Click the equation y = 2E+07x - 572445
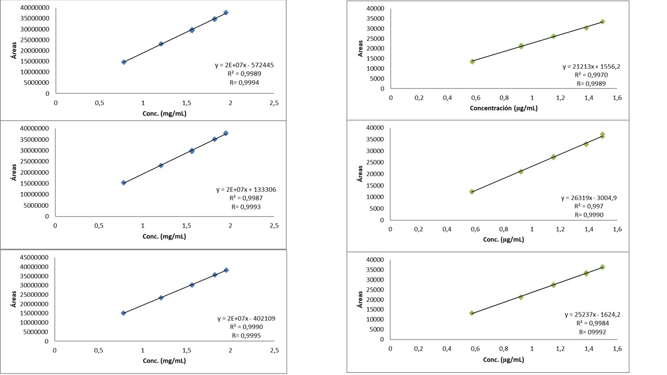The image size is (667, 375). tap(244, 65)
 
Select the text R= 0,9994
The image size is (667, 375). tap(244, 82)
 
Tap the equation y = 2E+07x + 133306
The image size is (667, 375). tap(246, 190)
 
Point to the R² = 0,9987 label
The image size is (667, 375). tap(246, 198)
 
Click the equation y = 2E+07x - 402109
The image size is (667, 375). tap(246, 318)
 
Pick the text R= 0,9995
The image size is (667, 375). tap(246, 335)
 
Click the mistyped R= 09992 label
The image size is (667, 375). tap(592, 331)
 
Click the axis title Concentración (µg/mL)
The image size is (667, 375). tap(503, 108)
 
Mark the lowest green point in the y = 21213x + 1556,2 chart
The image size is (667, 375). tap(472, 61)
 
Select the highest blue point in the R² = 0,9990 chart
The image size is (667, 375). tap(226, 270)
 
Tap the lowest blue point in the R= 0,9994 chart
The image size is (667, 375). tap(123, 62)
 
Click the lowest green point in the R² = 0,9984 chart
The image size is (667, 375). tap(472, 313)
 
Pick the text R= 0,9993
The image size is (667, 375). tap(246, 207)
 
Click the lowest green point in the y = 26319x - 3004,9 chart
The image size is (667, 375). tap(472, 192)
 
